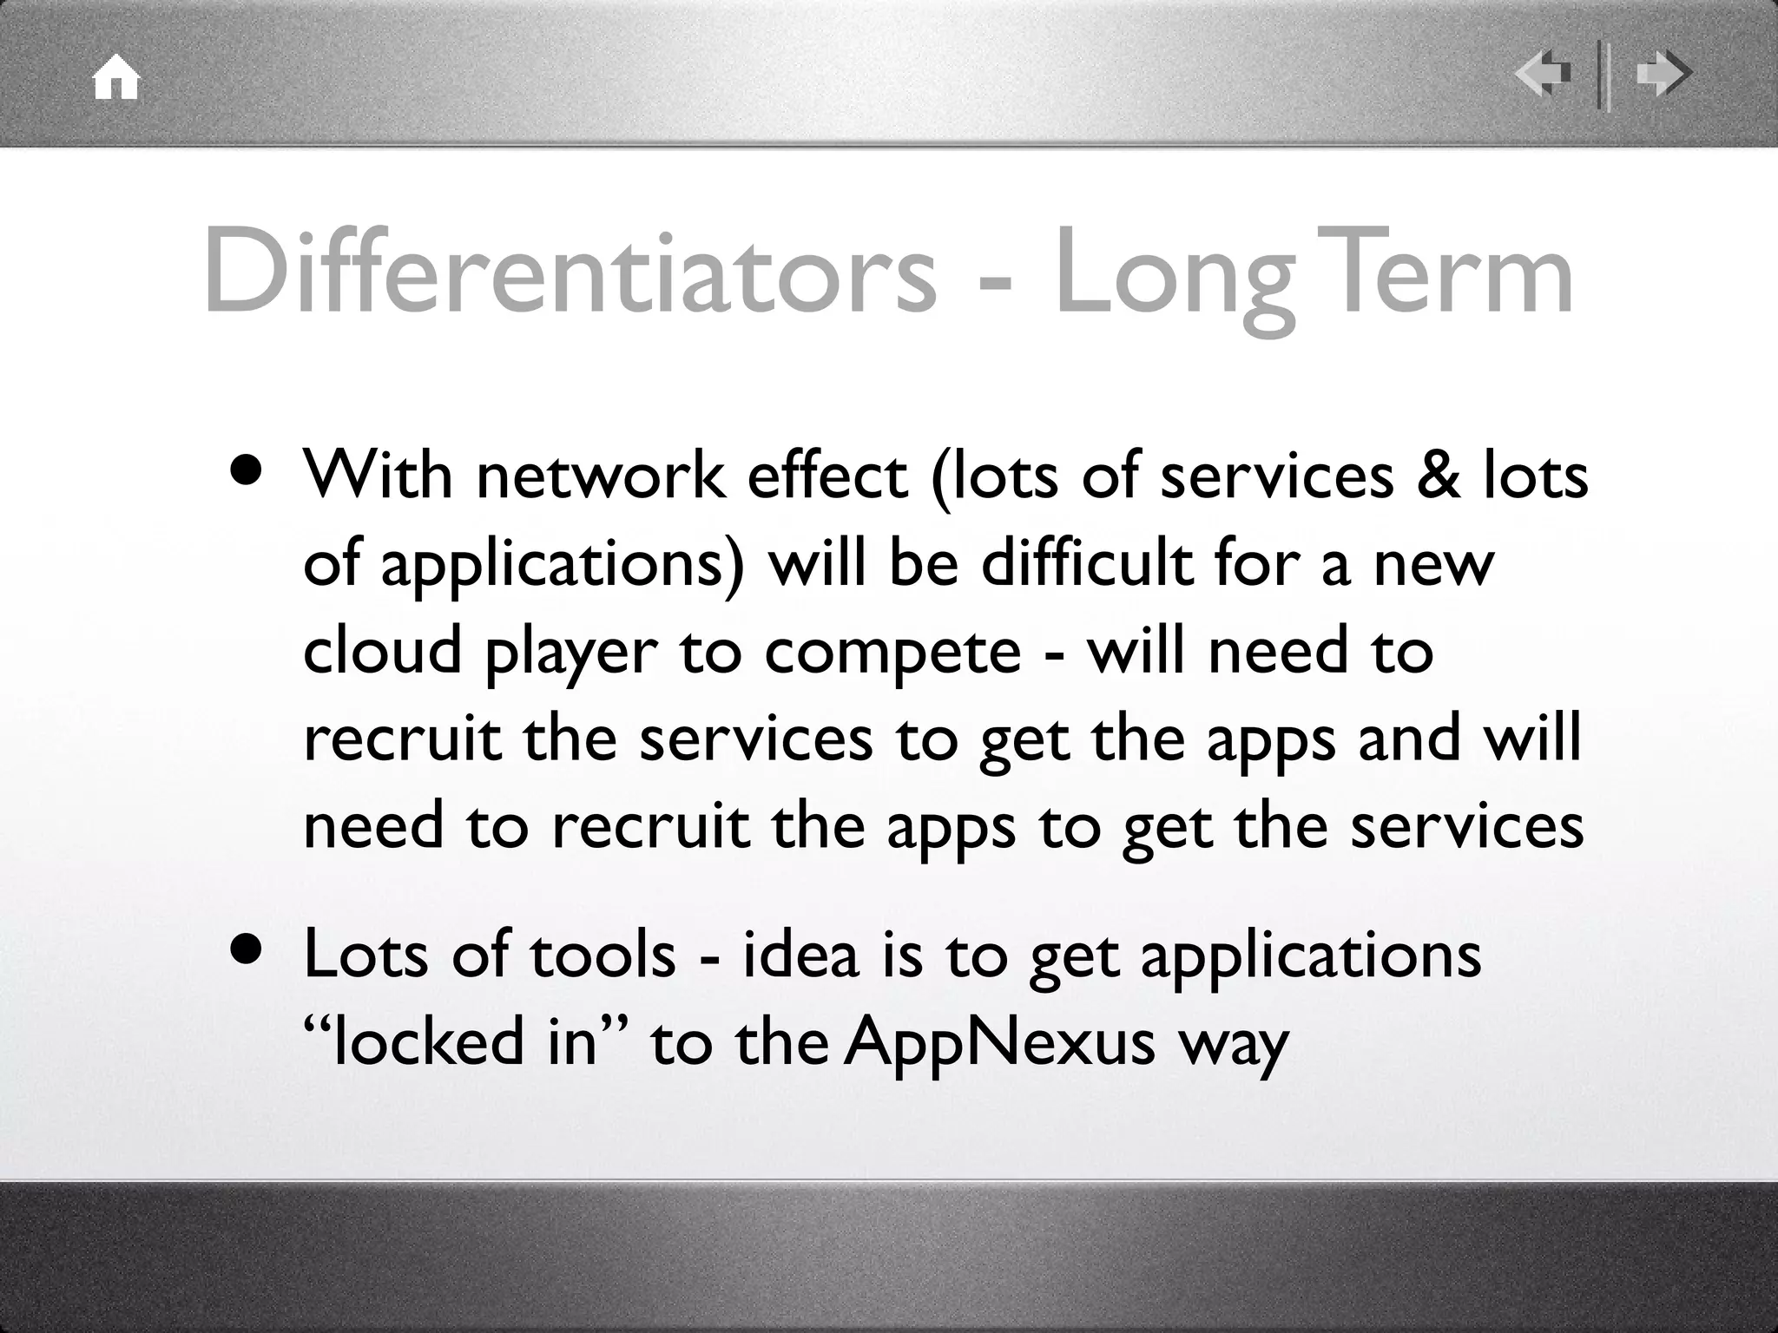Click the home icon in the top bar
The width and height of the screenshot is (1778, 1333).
(x=116, y=78)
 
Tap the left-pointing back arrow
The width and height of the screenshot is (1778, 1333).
(x=1543, y=75)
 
